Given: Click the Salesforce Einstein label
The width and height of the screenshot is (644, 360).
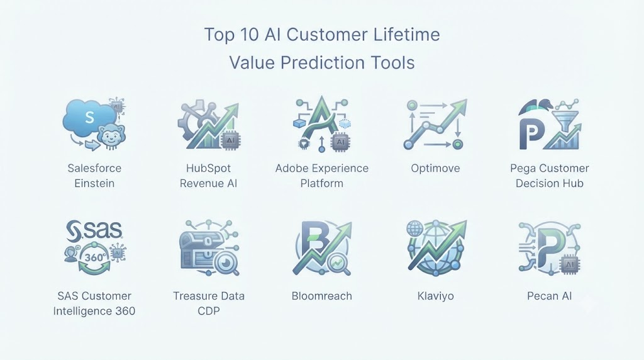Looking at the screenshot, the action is pos(94,176).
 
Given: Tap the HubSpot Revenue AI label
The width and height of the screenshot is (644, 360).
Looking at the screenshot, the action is pos(208,176).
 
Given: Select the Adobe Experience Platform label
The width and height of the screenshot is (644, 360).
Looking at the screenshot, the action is pos(322,176).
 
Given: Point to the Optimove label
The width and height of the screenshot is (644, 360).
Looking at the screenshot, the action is pos(435,168).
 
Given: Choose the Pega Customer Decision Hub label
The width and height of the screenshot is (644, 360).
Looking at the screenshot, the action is pos(550,176).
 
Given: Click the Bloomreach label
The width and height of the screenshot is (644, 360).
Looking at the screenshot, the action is pos(321,296).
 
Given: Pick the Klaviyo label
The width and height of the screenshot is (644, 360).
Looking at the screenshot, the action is pos(435,296).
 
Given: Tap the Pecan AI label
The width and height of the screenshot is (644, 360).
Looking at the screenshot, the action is pos(550,296).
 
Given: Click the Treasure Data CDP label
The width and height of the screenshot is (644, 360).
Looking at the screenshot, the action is pos(209,303).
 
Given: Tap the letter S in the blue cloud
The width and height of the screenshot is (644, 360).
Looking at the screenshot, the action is pos(89,118).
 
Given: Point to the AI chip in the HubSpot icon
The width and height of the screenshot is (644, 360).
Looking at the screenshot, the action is pos(230,140).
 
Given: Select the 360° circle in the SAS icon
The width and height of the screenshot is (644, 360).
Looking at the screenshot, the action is pos(94,257).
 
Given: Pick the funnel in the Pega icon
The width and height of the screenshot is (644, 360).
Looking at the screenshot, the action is pos(567,119).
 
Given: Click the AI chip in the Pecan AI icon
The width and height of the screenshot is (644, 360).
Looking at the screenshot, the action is pos(569,264).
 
